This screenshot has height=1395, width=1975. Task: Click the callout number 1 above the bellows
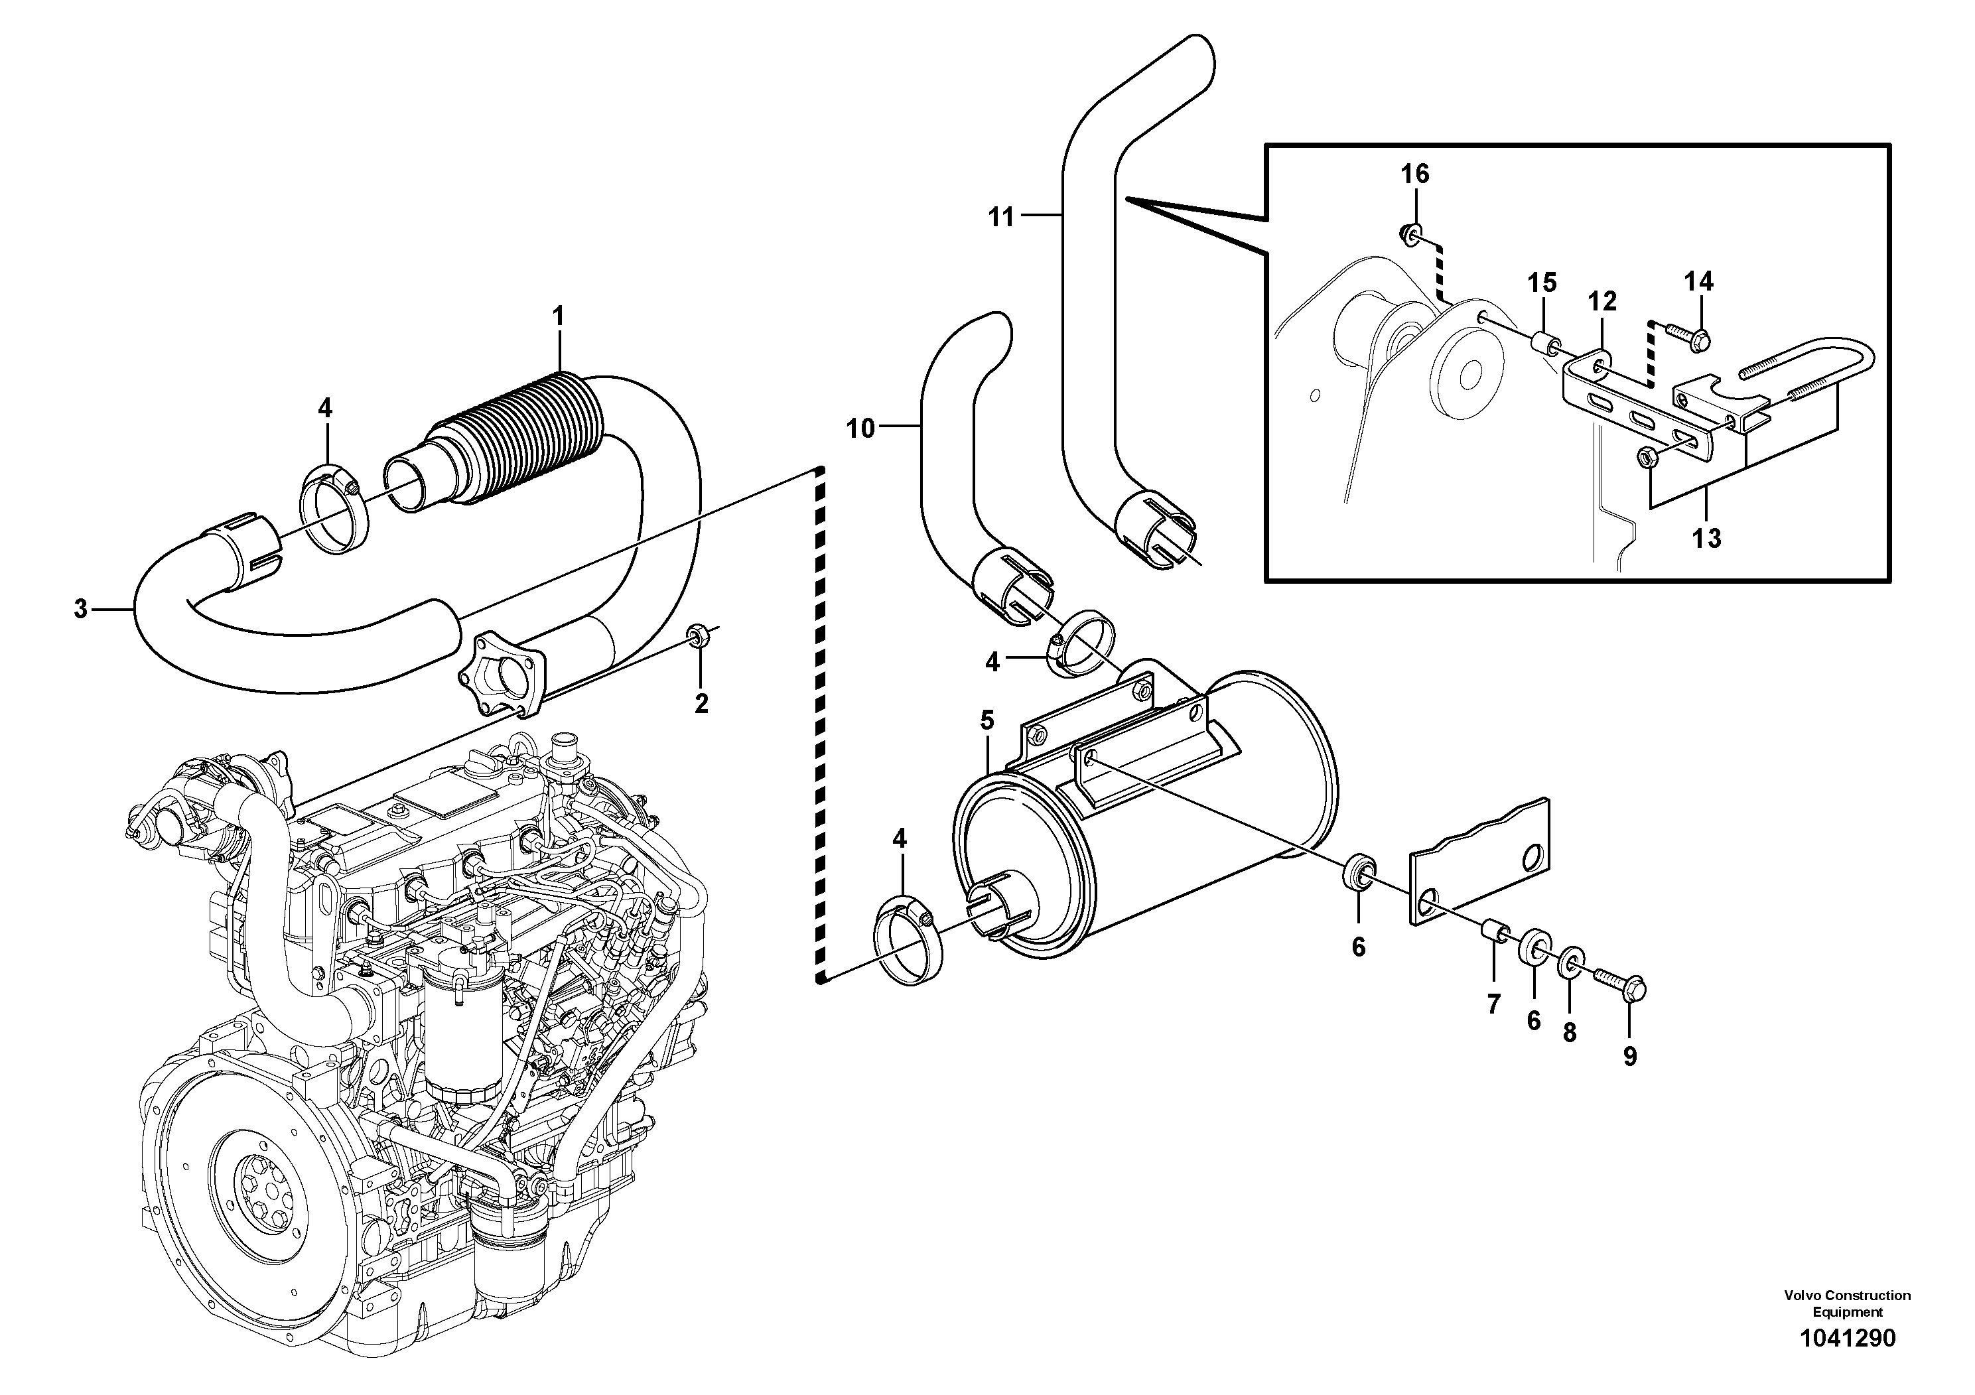pyautogui.click(x=558, y=316)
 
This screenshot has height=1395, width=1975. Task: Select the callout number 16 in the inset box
pyautogui.click(x=1414, y=174)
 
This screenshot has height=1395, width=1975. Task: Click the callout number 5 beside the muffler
pyautogui.click(x=987, y=721)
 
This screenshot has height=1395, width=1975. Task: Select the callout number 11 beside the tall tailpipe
pyautogui.click(x=1001, y=217)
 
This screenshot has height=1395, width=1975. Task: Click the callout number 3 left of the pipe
pyautogui.click(x=81, y=609)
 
